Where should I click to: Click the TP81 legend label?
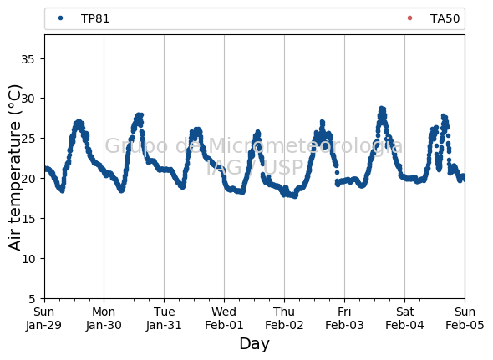[95, 18]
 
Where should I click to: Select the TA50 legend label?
[445, 18]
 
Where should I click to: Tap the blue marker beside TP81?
[61, 18]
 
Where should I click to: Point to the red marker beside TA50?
[409, 18]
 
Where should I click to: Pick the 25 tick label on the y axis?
[28, 139]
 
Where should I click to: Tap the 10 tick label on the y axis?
[28, 258]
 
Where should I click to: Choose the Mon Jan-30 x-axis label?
[104, 318]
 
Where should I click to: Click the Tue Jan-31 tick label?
[164, 318]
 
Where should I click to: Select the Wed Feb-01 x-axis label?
[224, 318]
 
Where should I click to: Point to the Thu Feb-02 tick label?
[284, 318]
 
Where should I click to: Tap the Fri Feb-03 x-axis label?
[344, 318]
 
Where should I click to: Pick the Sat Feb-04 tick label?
[404, 318]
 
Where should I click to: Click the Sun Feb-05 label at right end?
[465, 318]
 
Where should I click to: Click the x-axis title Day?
[255, 344]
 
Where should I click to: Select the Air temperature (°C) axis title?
[14, 168]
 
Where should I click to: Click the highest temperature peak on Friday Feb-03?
[382, 109]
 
